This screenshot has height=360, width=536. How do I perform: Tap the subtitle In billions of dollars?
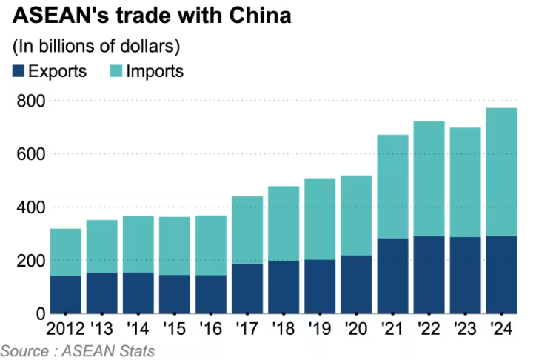pos(96,47)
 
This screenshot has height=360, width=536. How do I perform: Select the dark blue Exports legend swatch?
pos(19,72)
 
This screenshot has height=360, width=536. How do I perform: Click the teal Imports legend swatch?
pos(115,72)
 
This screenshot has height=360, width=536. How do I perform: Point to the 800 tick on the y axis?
pos(30,101)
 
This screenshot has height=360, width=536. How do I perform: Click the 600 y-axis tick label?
pos(30,154)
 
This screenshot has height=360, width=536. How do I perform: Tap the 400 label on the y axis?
pos(30,207)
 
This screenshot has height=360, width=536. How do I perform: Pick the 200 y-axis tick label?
pos(30,261)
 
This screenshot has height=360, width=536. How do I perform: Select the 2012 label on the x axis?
pos(65,328)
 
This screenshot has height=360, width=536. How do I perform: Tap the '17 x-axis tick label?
pos(247,328)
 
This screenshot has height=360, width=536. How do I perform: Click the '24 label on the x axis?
pos(502,328)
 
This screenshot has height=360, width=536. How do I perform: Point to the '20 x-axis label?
pos(356,328)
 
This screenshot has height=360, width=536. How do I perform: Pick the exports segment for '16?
pos(211,294)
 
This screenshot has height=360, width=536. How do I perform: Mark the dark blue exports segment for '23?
pos(466,275)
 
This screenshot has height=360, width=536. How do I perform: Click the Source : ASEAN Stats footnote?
pos(78,350)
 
